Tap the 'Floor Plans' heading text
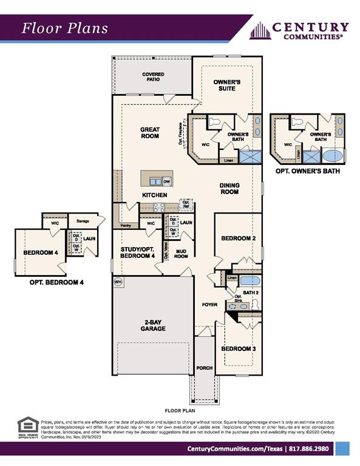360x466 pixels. [65, 28]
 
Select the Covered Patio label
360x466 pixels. [153, 77]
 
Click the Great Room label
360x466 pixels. [149, 132]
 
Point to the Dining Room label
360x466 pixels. [229, 188]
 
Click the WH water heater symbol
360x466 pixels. [118, 282]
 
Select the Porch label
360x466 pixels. [204, 368]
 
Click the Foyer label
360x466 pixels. [209, 304]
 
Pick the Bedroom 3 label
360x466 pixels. [237, 349]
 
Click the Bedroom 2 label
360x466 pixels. [237, 238]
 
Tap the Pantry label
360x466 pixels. [126, 225]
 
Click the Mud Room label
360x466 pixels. [181, 254]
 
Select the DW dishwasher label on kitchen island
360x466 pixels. [166, 181]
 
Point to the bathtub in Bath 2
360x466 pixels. [250, 281]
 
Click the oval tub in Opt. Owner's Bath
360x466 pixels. [333, 155]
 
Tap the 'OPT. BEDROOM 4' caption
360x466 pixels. [56, 282]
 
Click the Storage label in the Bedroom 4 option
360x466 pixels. [82, 221]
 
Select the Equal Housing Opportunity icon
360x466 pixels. [27, 426]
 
